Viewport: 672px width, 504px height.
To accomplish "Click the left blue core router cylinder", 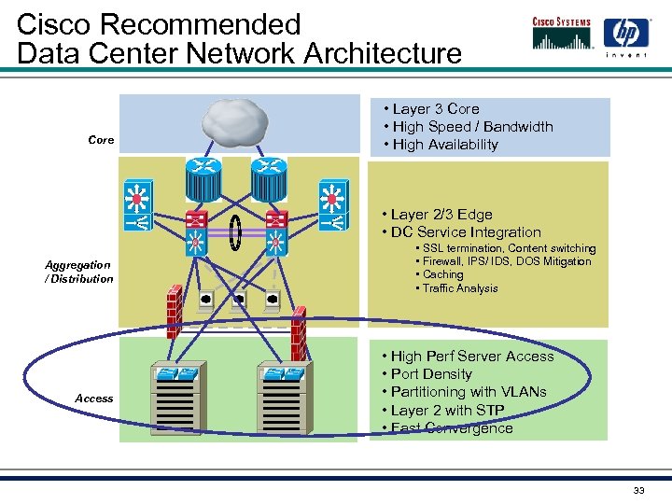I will (202, 178).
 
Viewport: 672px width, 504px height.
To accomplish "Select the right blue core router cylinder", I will (266, 178).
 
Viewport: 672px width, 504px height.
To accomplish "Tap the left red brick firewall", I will (173, 309).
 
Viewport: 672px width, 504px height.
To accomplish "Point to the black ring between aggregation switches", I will (236, 227).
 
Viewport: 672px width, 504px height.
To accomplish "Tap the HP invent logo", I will (625, 38).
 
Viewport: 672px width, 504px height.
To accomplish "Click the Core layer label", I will (101, 140).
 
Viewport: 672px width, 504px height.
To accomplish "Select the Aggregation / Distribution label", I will (79, 272).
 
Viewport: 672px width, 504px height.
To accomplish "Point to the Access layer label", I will (94, 399).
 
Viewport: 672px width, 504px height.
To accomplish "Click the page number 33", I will (639, 491).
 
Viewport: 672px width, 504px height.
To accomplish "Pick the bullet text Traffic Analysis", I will (460, 288).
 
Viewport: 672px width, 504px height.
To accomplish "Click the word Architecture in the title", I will (382, 53).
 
